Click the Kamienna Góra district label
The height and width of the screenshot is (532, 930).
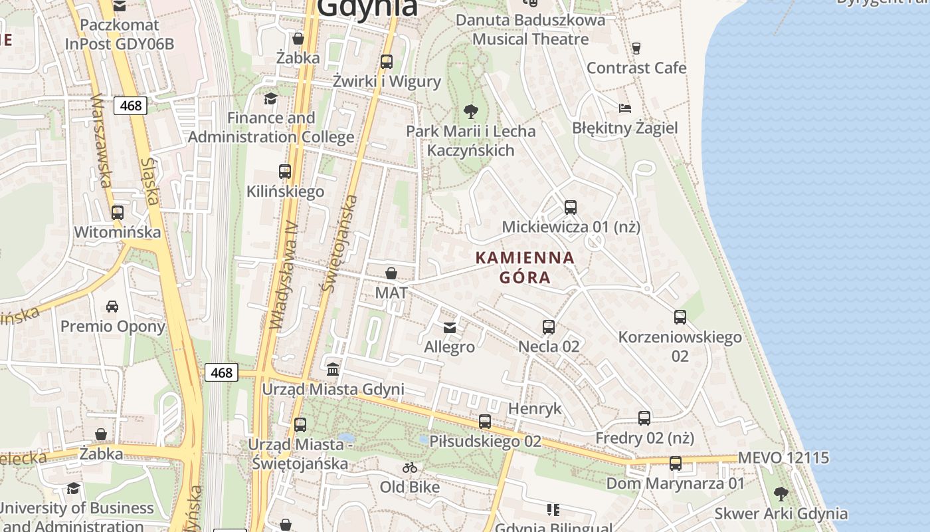point(525,267)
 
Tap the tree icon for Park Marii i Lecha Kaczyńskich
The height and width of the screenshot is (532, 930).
point(471,111)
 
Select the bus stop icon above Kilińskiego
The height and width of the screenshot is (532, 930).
point(285,172)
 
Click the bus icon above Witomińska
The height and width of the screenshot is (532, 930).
point(118,213)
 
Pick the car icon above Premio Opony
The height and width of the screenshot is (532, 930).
point(112,307)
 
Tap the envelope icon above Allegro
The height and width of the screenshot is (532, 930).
point(450,327)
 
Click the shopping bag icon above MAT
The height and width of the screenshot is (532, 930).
point(391,273)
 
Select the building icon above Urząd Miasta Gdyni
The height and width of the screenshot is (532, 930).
point(333,369)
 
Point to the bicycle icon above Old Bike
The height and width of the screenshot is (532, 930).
point(410,467)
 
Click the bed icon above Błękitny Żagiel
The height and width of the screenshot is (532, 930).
point(624,108)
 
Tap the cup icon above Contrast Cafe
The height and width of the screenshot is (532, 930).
point(636,48)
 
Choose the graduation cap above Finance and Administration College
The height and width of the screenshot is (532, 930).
point(270,99)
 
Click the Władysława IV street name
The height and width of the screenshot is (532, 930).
point(284,275)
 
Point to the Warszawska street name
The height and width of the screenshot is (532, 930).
point(101,140)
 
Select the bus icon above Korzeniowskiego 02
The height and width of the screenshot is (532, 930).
point(680,317)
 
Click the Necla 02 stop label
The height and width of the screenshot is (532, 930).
point(549,346)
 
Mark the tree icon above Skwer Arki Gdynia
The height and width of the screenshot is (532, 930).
point(781,494)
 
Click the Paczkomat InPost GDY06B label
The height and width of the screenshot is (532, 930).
point(120,35)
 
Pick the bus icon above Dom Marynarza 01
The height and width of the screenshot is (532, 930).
point(676,464)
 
